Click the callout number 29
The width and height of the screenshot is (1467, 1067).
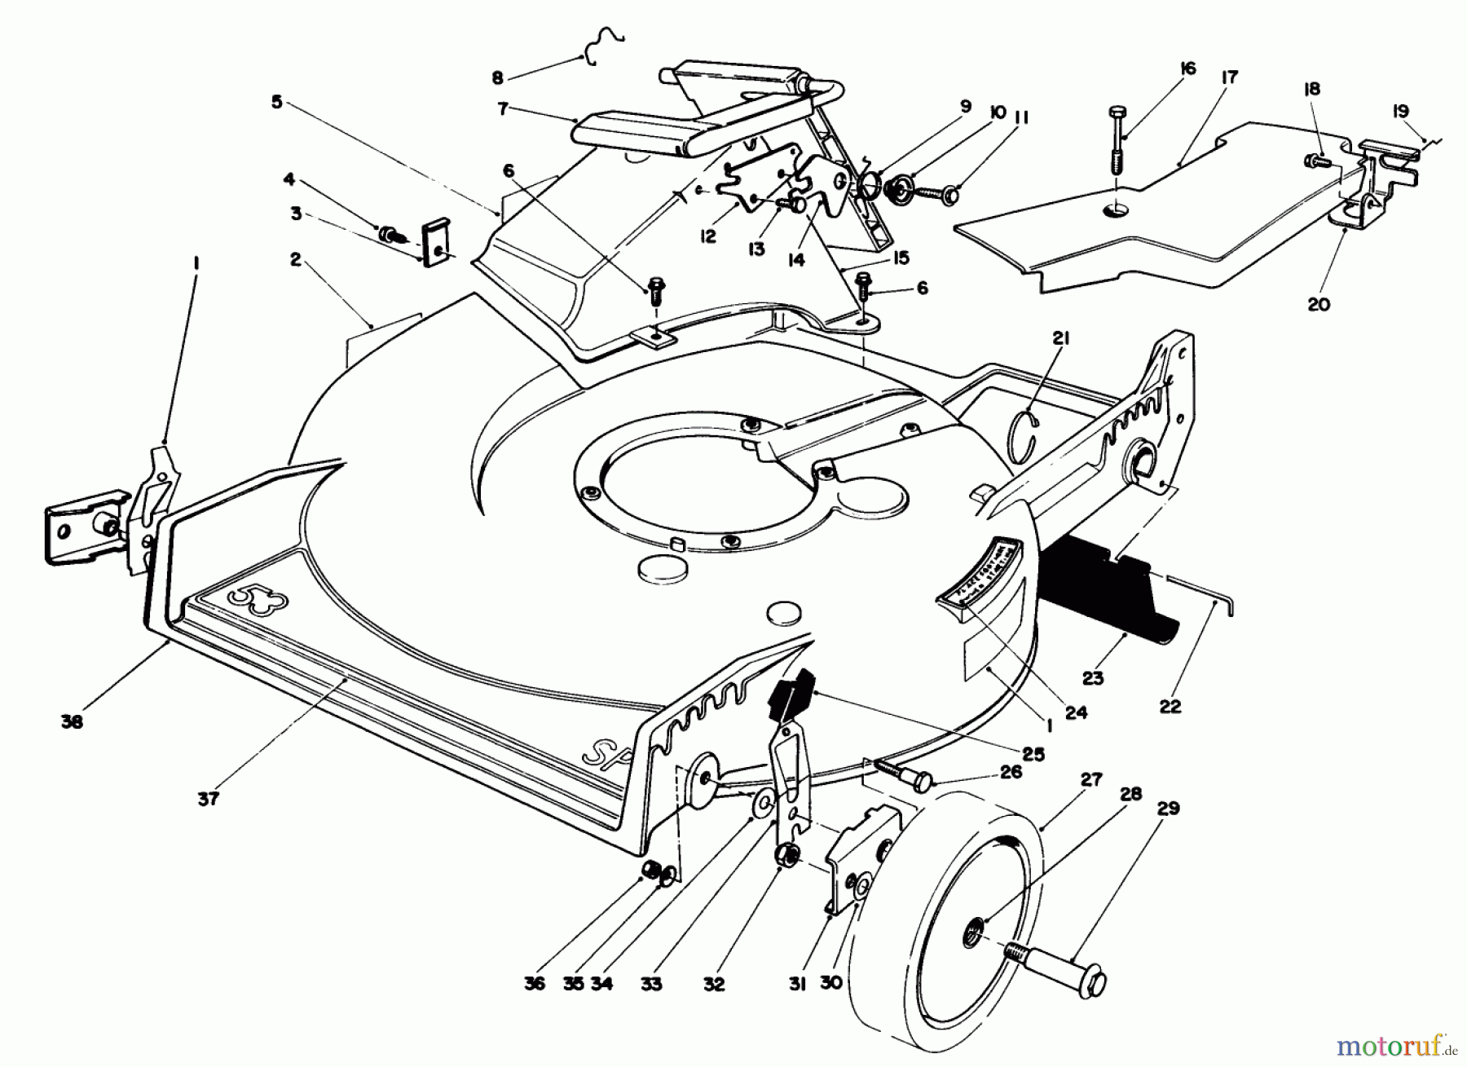[x=1168, y=809]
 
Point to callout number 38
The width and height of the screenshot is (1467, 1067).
[x=72, y=721]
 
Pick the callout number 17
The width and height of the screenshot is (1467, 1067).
[x=1230, y=78]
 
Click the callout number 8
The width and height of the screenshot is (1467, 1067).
[x=498, y=78]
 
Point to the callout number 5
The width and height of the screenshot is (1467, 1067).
[x=277, y=103]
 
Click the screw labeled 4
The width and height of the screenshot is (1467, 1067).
[x=392, y=236]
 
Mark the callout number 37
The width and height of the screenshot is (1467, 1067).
[x=209, y=798]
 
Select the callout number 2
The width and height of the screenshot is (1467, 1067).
[x=295, y=259]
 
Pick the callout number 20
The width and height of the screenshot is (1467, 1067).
[x=1318, y=304]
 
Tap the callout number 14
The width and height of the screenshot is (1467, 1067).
[x=796, y=260]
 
